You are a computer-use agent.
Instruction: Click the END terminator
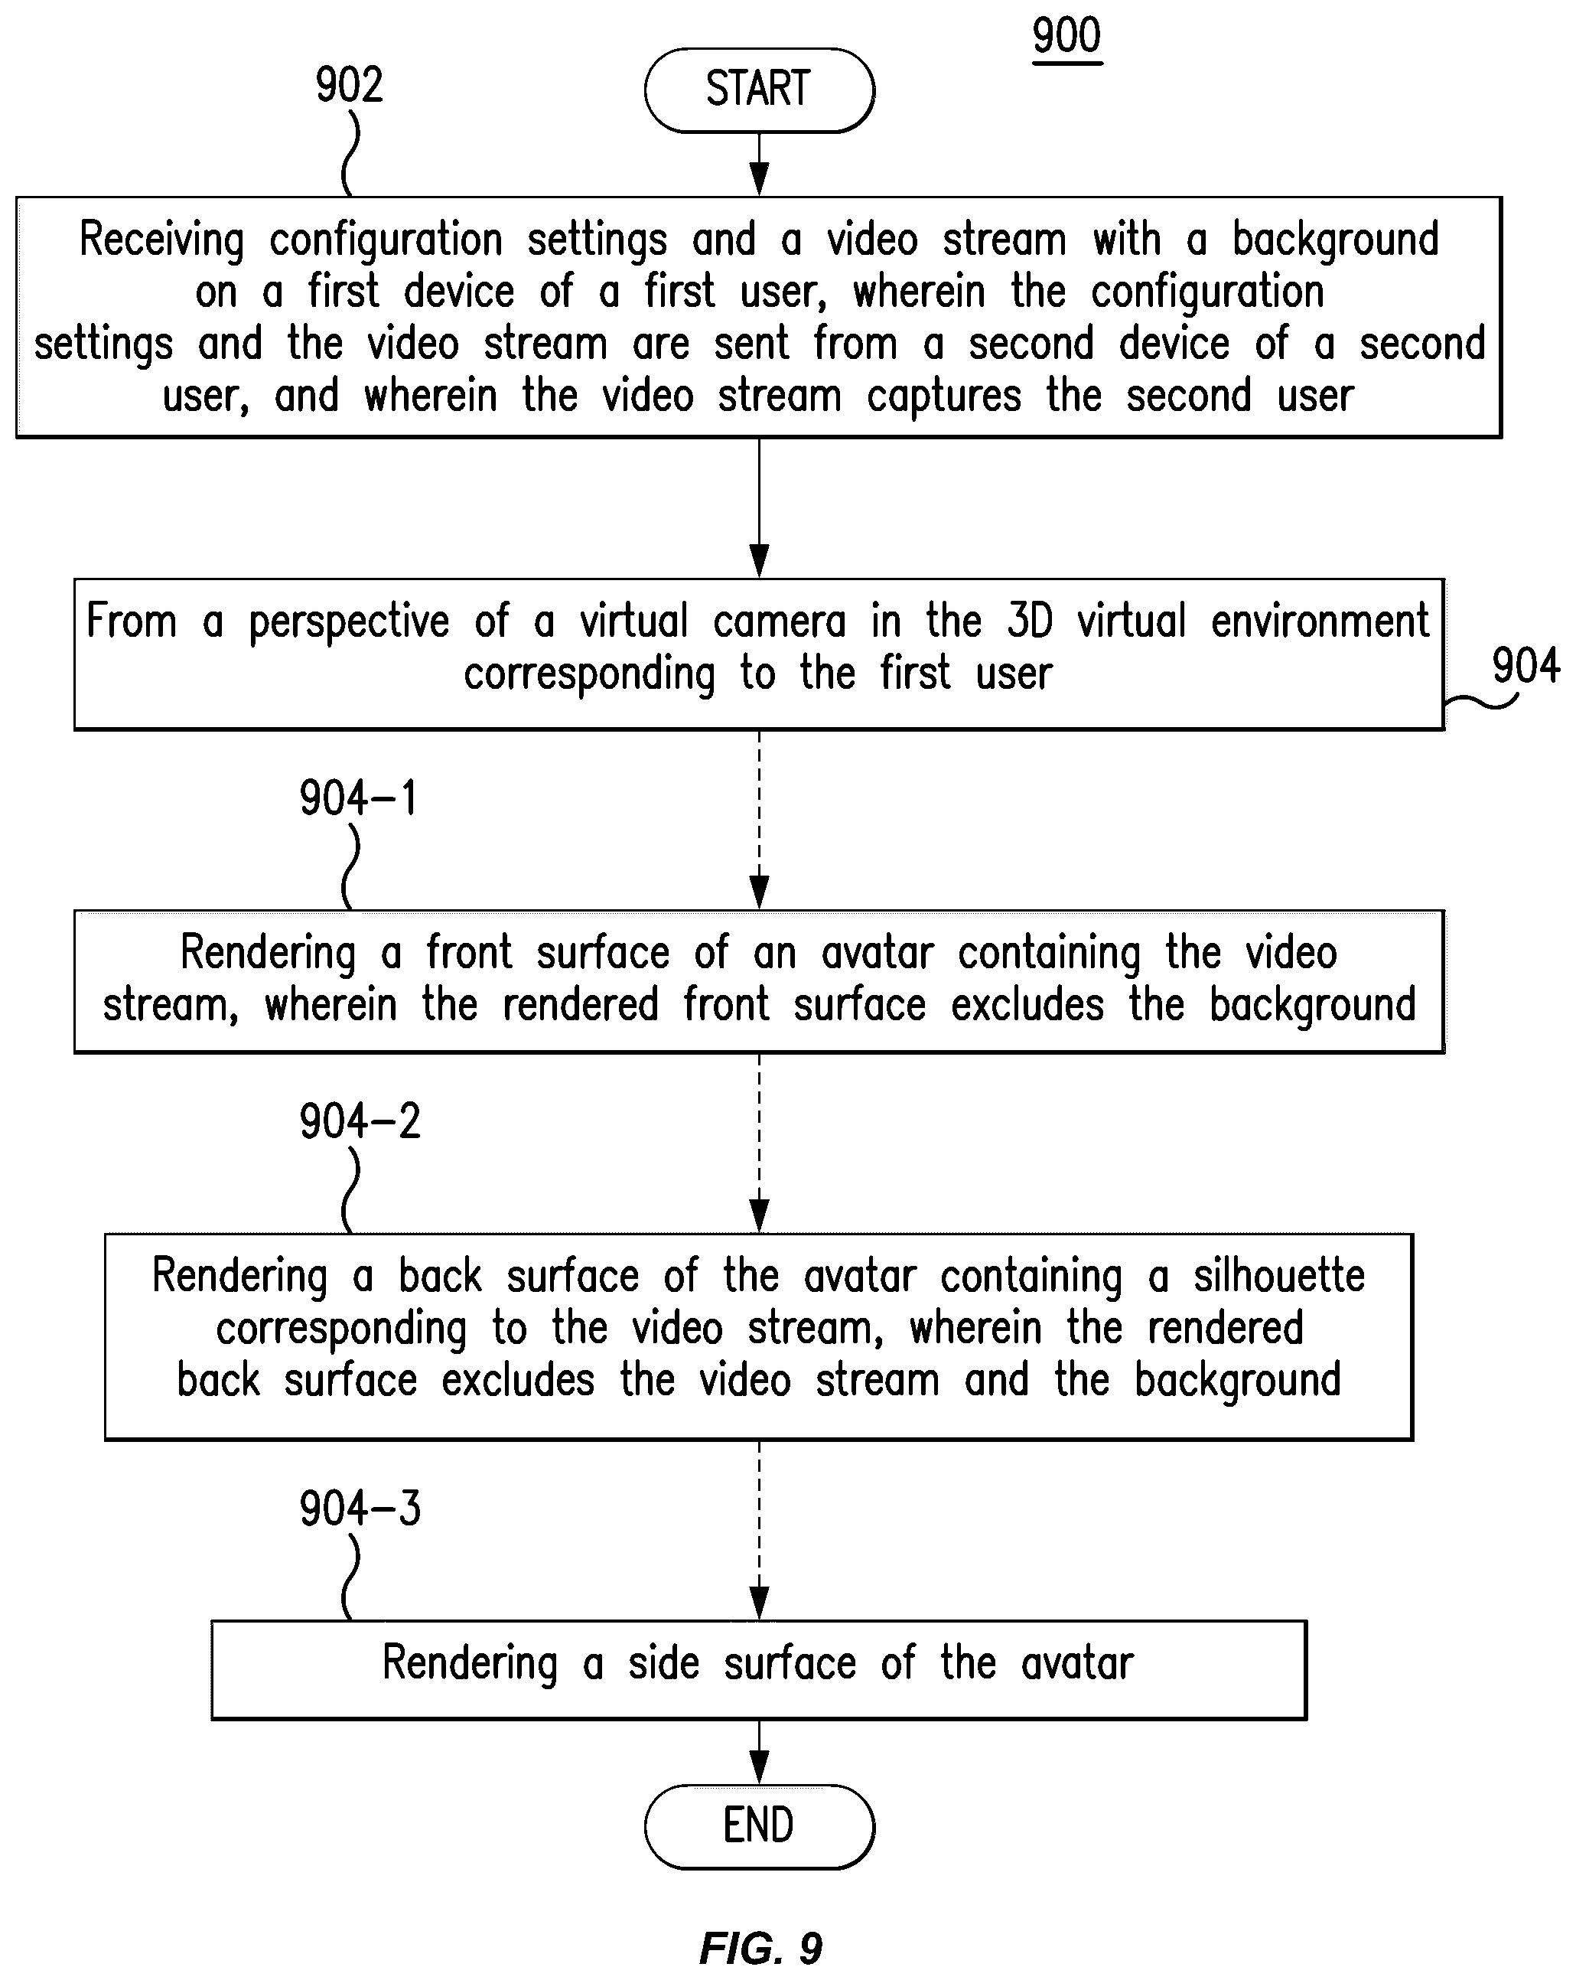pos(758,1825)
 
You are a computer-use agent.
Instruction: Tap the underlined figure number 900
pos(1066,37)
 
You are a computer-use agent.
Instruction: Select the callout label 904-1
pos(358,798)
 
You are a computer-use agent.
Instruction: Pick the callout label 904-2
pos(360,1121)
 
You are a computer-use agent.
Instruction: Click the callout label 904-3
pos(360,1509)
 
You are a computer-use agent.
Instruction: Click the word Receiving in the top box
pos(161,240)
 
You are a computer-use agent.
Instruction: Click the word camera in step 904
pos(780,621)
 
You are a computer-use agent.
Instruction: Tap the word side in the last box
pos(663,1663)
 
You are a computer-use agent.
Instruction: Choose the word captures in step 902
pos(943,396)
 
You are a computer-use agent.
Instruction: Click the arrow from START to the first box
pos(759,165)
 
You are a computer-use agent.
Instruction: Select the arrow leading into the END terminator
pos(759,1752)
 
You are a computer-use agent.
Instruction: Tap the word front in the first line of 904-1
pos(469,952)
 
